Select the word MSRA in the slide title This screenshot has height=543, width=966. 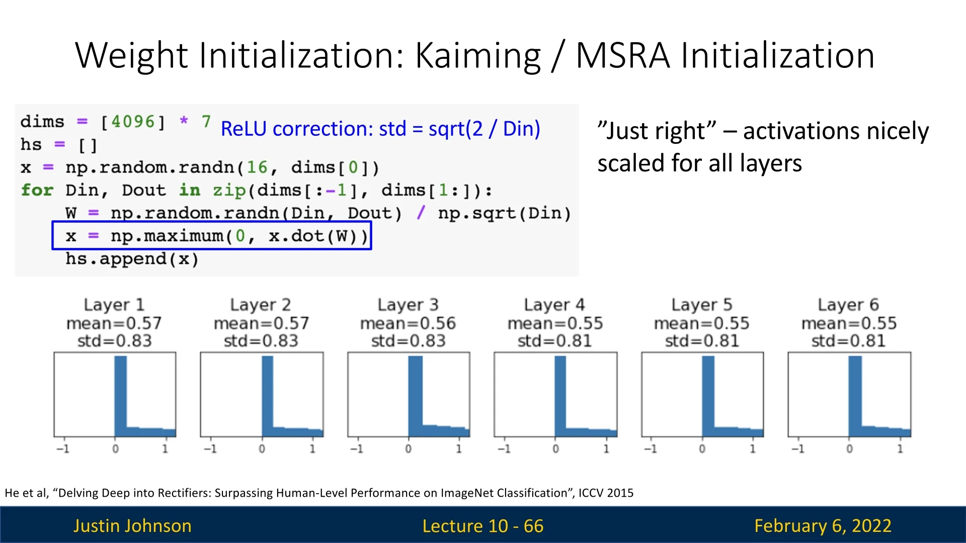tap(623, 55)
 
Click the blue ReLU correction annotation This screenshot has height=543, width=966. tap(380, 129)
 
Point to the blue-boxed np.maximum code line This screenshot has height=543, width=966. tap(212, 236)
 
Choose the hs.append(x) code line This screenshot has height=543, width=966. tap(132, 259)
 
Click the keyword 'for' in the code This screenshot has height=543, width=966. tap(37, 190)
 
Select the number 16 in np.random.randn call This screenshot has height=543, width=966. tap(257, 167)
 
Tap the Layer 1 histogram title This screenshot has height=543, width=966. tap(114, 305)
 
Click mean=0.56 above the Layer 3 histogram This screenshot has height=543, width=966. tap(408, 323)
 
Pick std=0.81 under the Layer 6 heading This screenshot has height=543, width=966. tap(848, 341)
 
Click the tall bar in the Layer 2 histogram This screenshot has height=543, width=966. tap(267, 396)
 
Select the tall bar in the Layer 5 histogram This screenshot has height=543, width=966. tap(708, 396)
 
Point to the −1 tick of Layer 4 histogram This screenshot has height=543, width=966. tap(504, 448)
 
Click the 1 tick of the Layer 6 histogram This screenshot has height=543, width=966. tap(900, 448)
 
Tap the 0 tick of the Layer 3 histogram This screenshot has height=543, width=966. tap(408, 448)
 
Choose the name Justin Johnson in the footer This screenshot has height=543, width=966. tap(132, 525)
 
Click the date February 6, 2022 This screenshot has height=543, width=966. tap(823, 526)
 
